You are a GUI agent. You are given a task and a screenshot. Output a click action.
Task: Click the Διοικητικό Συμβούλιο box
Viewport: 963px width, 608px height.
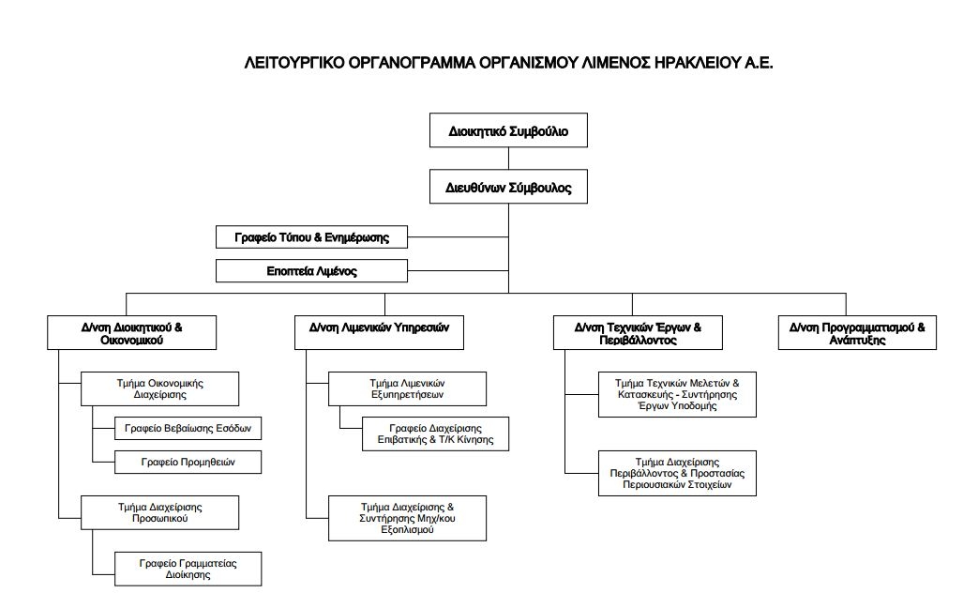click(x=508, y=130)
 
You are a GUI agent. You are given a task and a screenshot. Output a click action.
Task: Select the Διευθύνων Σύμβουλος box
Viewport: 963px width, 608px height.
click(x=508, y=187)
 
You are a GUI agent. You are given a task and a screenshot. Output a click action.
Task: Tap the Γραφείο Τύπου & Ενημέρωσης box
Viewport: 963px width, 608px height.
click(x=311, y=236)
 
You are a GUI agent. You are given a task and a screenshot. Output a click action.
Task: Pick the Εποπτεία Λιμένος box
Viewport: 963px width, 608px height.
click(x=311, y=270)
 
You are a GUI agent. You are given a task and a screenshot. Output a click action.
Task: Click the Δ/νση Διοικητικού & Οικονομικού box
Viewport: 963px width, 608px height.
click(x=131, y=332)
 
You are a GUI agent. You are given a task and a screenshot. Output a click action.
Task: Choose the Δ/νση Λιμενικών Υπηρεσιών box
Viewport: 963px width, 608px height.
click(x=379, y=332)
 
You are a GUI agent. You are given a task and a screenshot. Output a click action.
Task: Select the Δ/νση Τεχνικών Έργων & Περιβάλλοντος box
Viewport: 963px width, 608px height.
click(x=638, y=332)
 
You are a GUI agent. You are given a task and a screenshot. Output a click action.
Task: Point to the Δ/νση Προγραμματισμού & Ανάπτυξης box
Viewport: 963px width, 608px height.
click(x=857, y=332)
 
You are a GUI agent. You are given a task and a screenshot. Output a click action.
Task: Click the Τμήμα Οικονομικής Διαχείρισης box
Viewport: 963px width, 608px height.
click(x=159, y=388)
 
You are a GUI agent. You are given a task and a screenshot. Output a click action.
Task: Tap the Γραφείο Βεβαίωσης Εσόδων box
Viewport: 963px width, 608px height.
click(x=188, y=428)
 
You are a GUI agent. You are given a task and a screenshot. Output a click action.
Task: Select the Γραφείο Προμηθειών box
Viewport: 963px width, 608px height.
click(x=188, y=462)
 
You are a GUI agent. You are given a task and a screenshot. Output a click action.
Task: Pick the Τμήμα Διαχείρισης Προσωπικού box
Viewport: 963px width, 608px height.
click(x=159, y=512)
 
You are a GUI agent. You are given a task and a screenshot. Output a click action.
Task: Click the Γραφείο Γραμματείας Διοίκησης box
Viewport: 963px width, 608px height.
click(x=188, y=569)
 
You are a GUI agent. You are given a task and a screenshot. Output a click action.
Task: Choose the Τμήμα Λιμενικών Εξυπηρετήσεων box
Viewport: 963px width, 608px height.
click(x=407, y=388)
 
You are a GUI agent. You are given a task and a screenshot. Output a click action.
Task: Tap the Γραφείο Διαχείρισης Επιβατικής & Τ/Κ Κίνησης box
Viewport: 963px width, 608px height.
click(x=435, y=433)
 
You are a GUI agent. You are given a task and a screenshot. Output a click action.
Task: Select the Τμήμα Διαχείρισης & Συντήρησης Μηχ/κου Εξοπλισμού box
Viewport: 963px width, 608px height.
click(x=407, y=518)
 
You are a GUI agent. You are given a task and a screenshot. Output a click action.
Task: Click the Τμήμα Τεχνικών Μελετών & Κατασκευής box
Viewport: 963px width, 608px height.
click(x=677, y=394)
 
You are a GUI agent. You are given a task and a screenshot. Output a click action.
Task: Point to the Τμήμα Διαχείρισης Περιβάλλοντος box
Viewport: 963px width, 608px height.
click(x=677, y=473)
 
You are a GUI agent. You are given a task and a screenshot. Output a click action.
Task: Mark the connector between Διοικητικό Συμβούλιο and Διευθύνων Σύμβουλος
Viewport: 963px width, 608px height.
click(x=508, y=159)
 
